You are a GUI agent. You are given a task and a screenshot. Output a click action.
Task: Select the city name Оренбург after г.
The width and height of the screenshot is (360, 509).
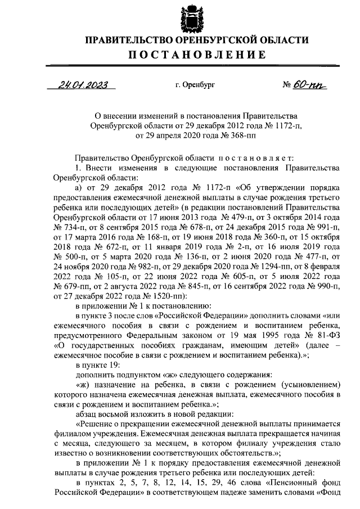tap(198, 85)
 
